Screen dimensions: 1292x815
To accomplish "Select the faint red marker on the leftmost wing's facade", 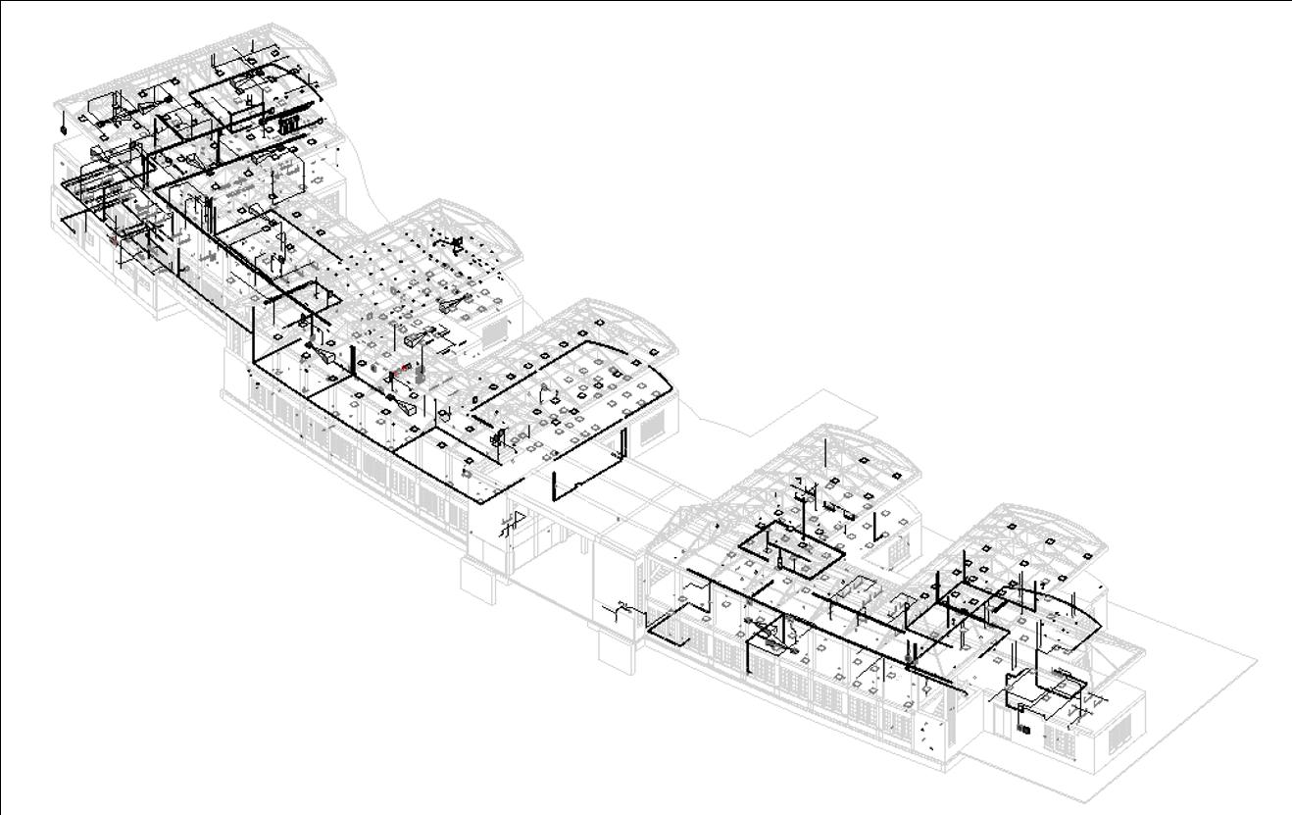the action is [x=113, y=238].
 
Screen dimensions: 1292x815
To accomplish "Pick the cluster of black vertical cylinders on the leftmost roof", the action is [x=290, y=125].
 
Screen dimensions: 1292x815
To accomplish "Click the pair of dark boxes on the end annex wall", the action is [x=1025, y=729].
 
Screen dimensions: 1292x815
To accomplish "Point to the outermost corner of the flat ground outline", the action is [x=1258, y=659].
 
